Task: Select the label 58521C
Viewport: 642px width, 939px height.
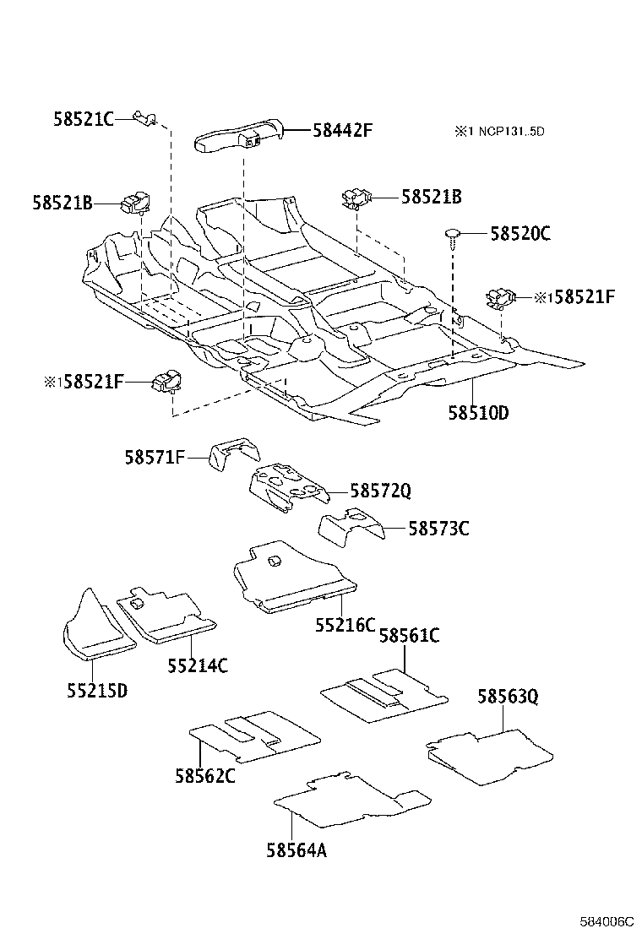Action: click(x=83, y=120)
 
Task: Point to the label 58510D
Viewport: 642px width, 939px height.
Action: click(x=479, y=413)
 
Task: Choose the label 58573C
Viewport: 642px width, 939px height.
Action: click(x=438, y=529)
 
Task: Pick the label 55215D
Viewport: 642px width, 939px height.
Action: click(x=97, y=690)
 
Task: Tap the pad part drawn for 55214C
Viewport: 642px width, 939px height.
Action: click(x=166, y=616)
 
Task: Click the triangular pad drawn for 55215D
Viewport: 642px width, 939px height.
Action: click(x=94, y=629)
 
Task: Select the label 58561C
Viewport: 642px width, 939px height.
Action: click(x=409, y=636)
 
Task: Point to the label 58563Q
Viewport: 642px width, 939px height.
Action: click(x=508, y=697)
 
